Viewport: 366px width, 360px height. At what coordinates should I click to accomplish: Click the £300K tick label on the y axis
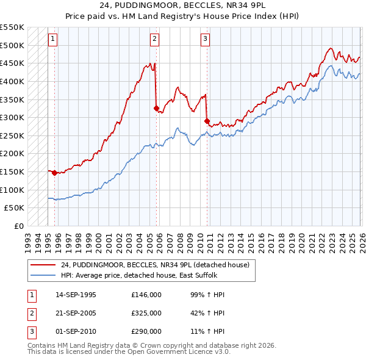click(x=13, y=117)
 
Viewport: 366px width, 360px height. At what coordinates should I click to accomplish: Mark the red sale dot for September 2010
click(x=207, y=121)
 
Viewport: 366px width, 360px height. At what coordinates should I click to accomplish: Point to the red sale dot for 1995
click(x=55, y=173)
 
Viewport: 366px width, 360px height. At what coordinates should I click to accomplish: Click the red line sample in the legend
click(x=43, y=265)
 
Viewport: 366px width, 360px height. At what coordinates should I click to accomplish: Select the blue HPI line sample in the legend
click(x=43, y=276)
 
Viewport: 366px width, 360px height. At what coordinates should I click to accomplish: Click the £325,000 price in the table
click(x=146, y=313)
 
